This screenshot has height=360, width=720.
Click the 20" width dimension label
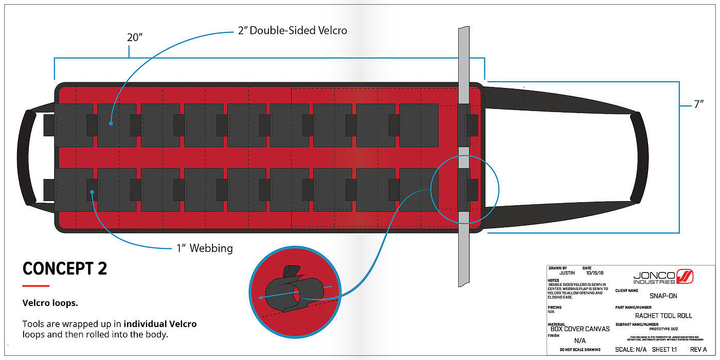tap(135, 38)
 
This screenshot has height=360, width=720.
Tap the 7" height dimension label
tap(698, 104)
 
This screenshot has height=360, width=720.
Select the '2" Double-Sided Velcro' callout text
tap(292, 31)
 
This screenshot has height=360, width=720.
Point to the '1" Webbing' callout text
tap(204, 248)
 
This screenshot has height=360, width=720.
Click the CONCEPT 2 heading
tap(65, 268)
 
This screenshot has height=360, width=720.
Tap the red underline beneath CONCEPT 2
tap(36, 286)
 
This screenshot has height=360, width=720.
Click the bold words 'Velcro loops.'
tap(50, 303)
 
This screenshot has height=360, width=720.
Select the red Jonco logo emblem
tap(685, 277)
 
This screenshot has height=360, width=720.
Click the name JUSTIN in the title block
tap(567, 273)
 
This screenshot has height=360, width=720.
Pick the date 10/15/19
tap(593, 273)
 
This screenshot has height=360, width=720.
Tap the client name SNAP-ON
tap(664, 296)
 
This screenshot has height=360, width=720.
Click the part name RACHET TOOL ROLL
tap(663, 316)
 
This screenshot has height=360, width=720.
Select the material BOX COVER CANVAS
tap(580, 329)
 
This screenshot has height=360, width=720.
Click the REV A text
tap(698, 350)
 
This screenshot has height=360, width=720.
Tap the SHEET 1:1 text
tap(668, 350)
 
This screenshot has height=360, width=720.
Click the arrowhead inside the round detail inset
tap(261, 297)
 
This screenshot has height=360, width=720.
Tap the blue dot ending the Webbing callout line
tap(92, 192)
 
